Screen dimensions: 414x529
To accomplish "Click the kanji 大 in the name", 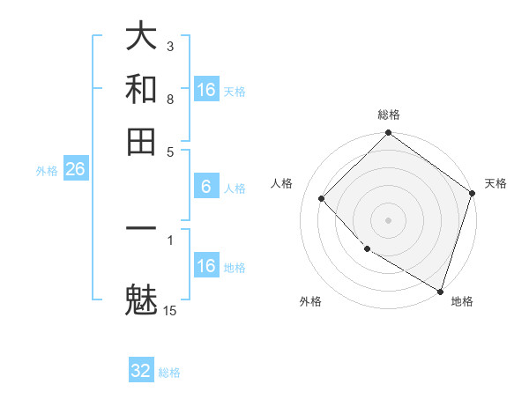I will pos(141,37).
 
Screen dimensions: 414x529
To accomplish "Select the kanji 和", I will pos(141,89).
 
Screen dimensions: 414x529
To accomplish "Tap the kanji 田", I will pos(141,141).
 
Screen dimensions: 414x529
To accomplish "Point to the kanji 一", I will pos(141,228).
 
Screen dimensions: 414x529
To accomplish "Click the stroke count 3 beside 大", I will pos(170,46).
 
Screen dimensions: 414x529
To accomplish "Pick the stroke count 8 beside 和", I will pos(170,99).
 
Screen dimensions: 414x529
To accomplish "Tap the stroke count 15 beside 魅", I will pos(170,310).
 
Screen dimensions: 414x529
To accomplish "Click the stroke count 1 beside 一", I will pos(170,239).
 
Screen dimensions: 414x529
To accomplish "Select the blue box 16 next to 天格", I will pos(206,90).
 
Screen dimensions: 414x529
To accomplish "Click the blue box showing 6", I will pos(206,187).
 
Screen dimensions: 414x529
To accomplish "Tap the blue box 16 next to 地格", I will pos(206,266).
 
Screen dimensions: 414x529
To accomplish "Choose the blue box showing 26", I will pos(75,170).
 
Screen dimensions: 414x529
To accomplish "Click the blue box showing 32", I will pos(141,371).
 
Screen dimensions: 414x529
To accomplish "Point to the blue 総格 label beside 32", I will pos(169,373).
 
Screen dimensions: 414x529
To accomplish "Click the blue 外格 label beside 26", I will pos(47,172).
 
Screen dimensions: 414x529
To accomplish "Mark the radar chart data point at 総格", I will pos(388,134).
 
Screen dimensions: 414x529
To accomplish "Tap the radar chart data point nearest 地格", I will pos(439,290).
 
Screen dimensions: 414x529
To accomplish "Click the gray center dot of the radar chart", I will pos(388,219).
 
